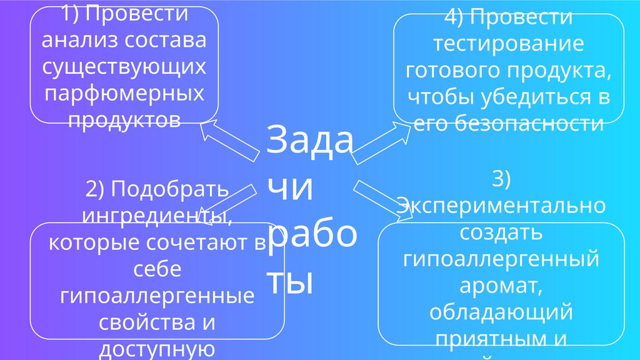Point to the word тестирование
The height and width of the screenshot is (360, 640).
(509, 44)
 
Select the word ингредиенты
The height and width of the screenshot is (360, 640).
(157, 216)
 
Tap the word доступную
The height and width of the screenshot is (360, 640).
(157, 349)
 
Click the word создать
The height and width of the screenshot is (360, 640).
(502, 232)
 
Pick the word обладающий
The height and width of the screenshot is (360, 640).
(502, 311)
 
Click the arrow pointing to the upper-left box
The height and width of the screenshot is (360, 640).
(228, 141)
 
